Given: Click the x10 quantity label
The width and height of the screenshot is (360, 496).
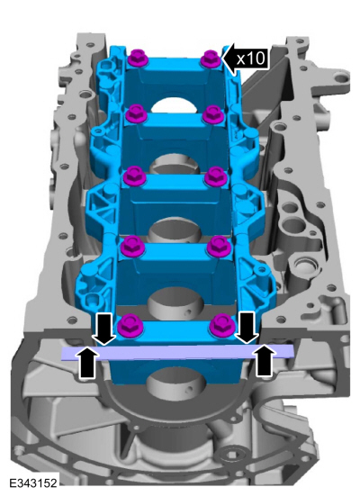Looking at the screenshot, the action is tap(251, 59).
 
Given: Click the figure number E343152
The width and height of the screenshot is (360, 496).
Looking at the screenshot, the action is tap(33, 483).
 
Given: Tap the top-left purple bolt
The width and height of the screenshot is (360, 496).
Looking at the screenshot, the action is tap(139, 58).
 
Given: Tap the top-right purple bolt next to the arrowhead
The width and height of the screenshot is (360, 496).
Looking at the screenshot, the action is tap(211, 59).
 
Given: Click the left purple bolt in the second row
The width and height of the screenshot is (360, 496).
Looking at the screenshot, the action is tap(136, 114).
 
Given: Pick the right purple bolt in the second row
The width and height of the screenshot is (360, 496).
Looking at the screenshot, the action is tap(213, 115).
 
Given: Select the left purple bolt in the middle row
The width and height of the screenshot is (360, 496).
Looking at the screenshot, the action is tap(134, 176).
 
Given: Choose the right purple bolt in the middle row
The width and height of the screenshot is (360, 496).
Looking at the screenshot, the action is tap(216, 176).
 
